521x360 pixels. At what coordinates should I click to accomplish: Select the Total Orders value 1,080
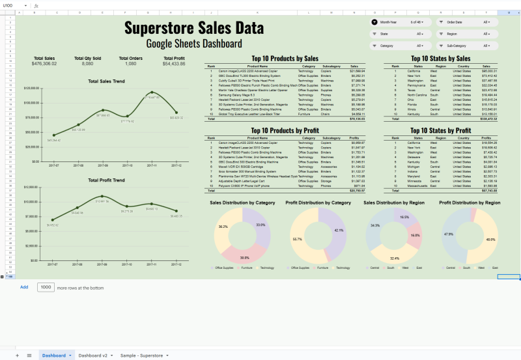131,64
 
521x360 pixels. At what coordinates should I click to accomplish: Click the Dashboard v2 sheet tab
93,355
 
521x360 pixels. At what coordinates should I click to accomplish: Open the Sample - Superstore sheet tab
143,355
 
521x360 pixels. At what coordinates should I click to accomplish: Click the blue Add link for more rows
24,287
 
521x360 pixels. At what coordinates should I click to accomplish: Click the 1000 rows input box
46,287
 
